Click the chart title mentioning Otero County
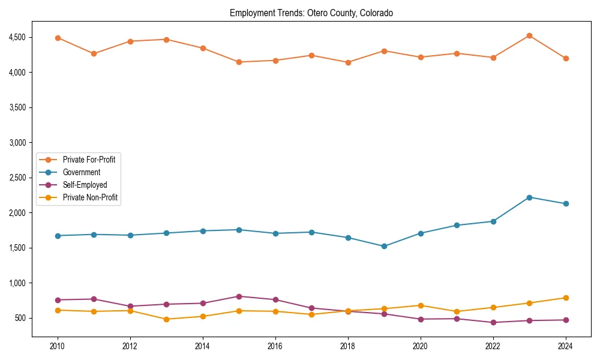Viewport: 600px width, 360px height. click(x=311, y=13)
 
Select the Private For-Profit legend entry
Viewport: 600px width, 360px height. click(x=89, y=160)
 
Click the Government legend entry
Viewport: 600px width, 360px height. click(x=82, y=173)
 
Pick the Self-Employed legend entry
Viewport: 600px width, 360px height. click(x=85, y=185)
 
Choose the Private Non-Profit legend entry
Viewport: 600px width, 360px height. click(x=90, y=199)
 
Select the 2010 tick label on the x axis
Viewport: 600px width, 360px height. click(x=58, y=346)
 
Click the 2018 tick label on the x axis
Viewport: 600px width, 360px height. click(x=348, y=346)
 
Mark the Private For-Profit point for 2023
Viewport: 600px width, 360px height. click(x=529, y=35)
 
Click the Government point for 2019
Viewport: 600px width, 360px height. click(x=384, y=246)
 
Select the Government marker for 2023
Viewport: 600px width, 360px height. click(x=529, y=197)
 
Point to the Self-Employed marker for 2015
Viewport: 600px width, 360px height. click(x=239, y=296)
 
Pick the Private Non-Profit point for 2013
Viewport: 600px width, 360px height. click(x=166, y=319)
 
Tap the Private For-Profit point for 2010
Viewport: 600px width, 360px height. click(x=58, y=38)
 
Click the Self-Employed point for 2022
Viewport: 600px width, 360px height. click(x=493, y=322)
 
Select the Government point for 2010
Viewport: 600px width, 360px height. click(x=58, y=236)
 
